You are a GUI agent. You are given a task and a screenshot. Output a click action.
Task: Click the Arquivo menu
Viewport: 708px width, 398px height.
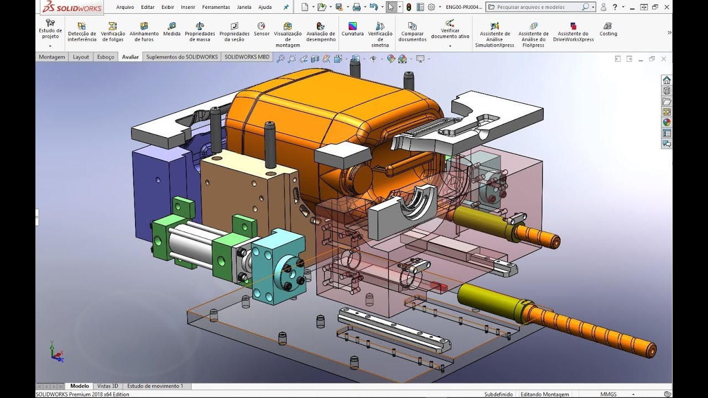point(125,7)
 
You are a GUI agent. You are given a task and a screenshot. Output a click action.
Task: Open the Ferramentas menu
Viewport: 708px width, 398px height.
point(216,7)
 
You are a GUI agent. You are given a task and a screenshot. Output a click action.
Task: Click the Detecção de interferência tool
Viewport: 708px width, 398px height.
point(82,32)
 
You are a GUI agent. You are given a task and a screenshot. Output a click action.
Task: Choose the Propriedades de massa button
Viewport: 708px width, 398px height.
point(200,32)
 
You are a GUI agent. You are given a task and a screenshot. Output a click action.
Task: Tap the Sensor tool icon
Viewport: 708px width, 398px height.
point(261,25)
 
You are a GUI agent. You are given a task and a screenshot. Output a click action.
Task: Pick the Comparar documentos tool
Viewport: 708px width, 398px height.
point(412,32)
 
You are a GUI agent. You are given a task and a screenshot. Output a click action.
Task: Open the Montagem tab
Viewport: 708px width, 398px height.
point(52,57)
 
